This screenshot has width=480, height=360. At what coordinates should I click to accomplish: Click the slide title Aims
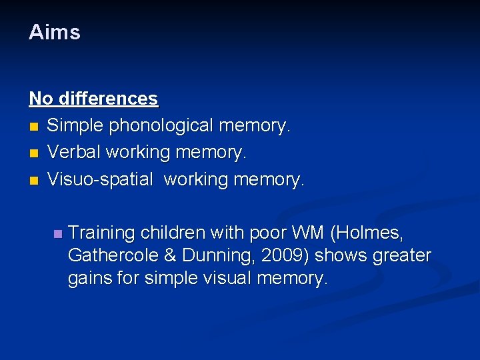click(54, 32)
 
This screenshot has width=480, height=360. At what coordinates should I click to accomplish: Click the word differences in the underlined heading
click(108, 99)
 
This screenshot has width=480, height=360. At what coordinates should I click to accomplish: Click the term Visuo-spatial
click(99, 179)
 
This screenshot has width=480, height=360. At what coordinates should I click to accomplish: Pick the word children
click(175, 233)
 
